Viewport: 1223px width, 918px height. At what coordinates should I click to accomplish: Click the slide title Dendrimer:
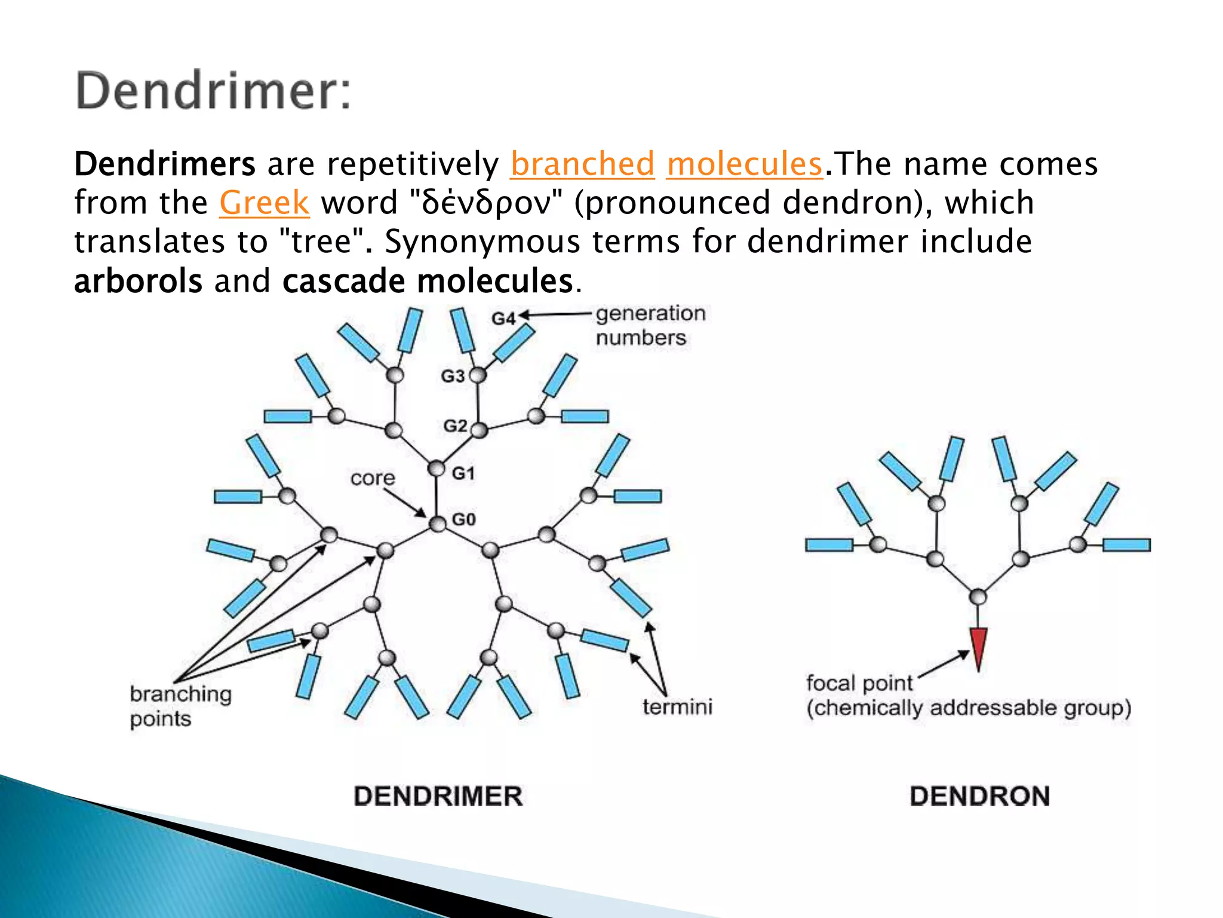[213, 91]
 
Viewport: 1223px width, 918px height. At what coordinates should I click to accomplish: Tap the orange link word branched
[582, 164]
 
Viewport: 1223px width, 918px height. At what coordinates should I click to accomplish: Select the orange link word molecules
[745, 164]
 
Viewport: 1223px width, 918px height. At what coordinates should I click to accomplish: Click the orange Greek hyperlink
[264, 203]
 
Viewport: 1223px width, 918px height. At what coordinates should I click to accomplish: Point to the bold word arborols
[138, 281]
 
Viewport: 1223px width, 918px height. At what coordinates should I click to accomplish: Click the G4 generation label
[503, 319]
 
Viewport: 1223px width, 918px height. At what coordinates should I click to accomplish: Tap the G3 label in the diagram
[452, 377]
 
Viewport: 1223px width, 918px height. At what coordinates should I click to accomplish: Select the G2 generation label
[455, 426]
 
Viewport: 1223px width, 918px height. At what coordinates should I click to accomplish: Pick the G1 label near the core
[463, 474]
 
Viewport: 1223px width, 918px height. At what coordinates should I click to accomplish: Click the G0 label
[464, 519]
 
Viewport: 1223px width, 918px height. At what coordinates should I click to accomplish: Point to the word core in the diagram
[373, 478]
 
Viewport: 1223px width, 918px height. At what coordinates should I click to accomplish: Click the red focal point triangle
[978, 647]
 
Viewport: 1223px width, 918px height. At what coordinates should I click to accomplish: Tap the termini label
[677, 708]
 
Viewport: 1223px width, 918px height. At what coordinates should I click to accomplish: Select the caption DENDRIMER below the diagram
[438, 797]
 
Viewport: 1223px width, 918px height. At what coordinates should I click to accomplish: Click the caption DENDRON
[979, 797]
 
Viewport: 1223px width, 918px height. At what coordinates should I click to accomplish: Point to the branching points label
[180, 706]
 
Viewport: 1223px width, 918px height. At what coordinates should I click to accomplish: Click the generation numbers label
[650, 326]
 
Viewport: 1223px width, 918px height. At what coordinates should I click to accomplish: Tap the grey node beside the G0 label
[438, 524]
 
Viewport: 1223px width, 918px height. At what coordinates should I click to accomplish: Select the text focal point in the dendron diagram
[859, 683]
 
